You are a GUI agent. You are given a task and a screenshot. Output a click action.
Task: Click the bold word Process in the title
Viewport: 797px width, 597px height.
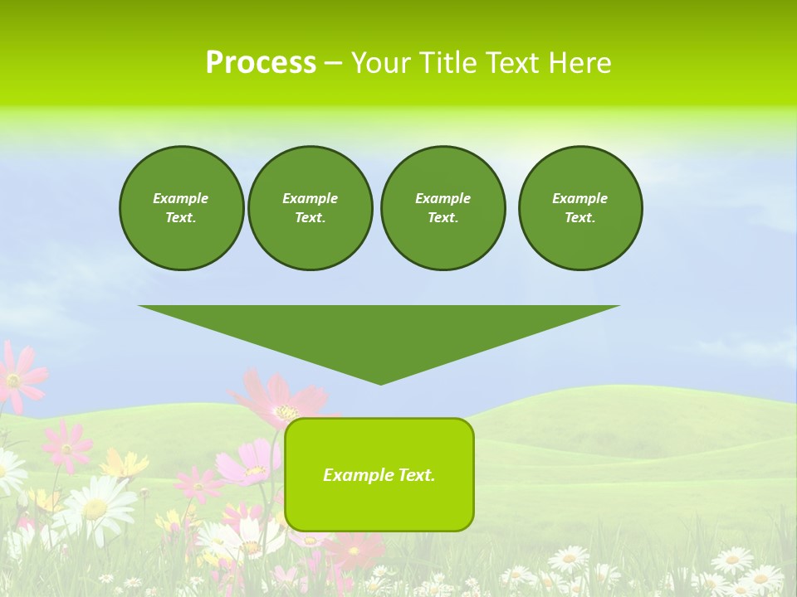coord(261,63)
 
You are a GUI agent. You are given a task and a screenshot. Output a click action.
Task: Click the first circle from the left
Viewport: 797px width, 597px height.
coord(181,208)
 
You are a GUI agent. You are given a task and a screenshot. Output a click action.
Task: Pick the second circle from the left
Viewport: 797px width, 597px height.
coord(310,208)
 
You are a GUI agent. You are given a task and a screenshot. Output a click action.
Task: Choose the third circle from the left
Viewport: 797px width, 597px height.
coord(443,208)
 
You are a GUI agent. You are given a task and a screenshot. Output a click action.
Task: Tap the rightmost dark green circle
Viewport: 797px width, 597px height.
coord(579,208)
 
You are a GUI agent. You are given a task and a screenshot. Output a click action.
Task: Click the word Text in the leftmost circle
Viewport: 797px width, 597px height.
coord(180,218)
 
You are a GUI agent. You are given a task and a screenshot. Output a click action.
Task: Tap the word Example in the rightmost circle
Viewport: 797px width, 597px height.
coord(579,198)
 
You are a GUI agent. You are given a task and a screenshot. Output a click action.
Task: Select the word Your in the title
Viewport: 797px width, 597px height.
coord(380,63)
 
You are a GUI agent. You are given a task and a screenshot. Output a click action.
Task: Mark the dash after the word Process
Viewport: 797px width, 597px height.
coord(333,63)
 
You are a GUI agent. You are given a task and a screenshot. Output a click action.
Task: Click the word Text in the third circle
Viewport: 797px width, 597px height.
coord(443,218)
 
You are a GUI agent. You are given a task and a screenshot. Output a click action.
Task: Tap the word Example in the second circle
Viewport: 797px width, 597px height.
coord(310,198)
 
